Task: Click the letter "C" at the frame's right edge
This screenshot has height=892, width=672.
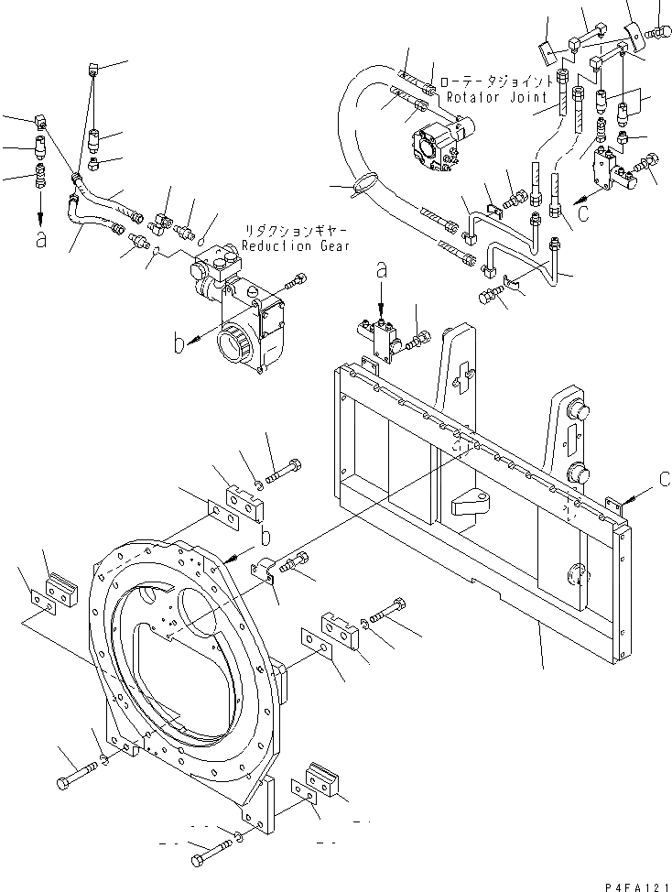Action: coord(665,479)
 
